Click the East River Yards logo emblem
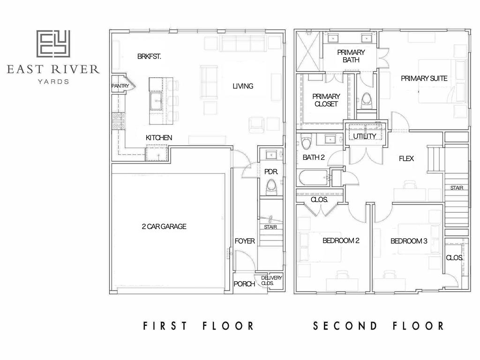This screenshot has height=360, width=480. pos(53,44)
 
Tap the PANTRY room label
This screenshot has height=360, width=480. pos(120,86)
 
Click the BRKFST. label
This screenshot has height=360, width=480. pos(149,56)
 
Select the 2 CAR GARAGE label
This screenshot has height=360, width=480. pos(164,226)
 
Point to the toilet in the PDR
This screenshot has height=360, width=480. pos(271,187)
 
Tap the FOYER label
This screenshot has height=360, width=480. pos(245,241)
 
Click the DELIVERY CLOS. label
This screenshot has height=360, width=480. pos(271,280)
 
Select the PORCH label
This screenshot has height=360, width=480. pos(244,284)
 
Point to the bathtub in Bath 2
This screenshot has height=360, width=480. pos(313,178)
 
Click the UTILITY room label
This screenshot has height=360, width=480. pos(365,136)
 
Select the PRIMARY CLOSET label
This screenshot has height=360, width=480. pos(326,100)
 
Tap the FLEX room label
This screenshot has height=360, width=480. pos(406,158)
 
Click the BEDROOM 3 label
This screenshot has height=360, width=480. pos(409,241)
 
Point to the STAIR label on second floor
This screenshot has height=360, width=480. pos(457,188)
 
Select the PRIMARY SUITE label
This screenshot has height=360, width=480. pos(424,78)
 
